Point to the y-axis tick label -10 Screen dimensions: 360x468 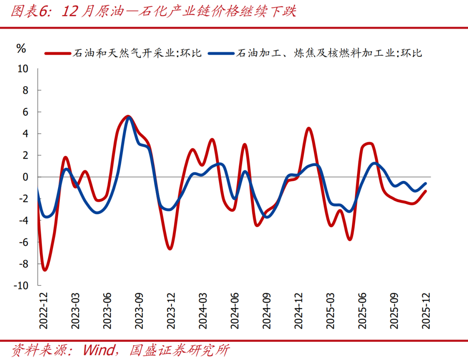(21, 285)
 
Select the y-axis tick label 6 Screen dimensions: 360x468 (25, 112)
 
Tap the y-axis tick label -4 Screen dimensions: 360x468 (23, 220)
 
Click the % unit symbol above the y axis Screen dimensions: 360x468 (21, 49)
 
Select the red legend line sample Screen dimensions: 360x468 (57, 54)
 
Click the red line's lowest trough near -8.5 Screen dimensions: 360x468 (45, 270)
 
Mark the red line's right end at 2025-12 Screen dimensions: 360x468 (425, 191)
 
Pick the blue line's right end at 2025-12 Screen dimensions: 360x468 (425, 183)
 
